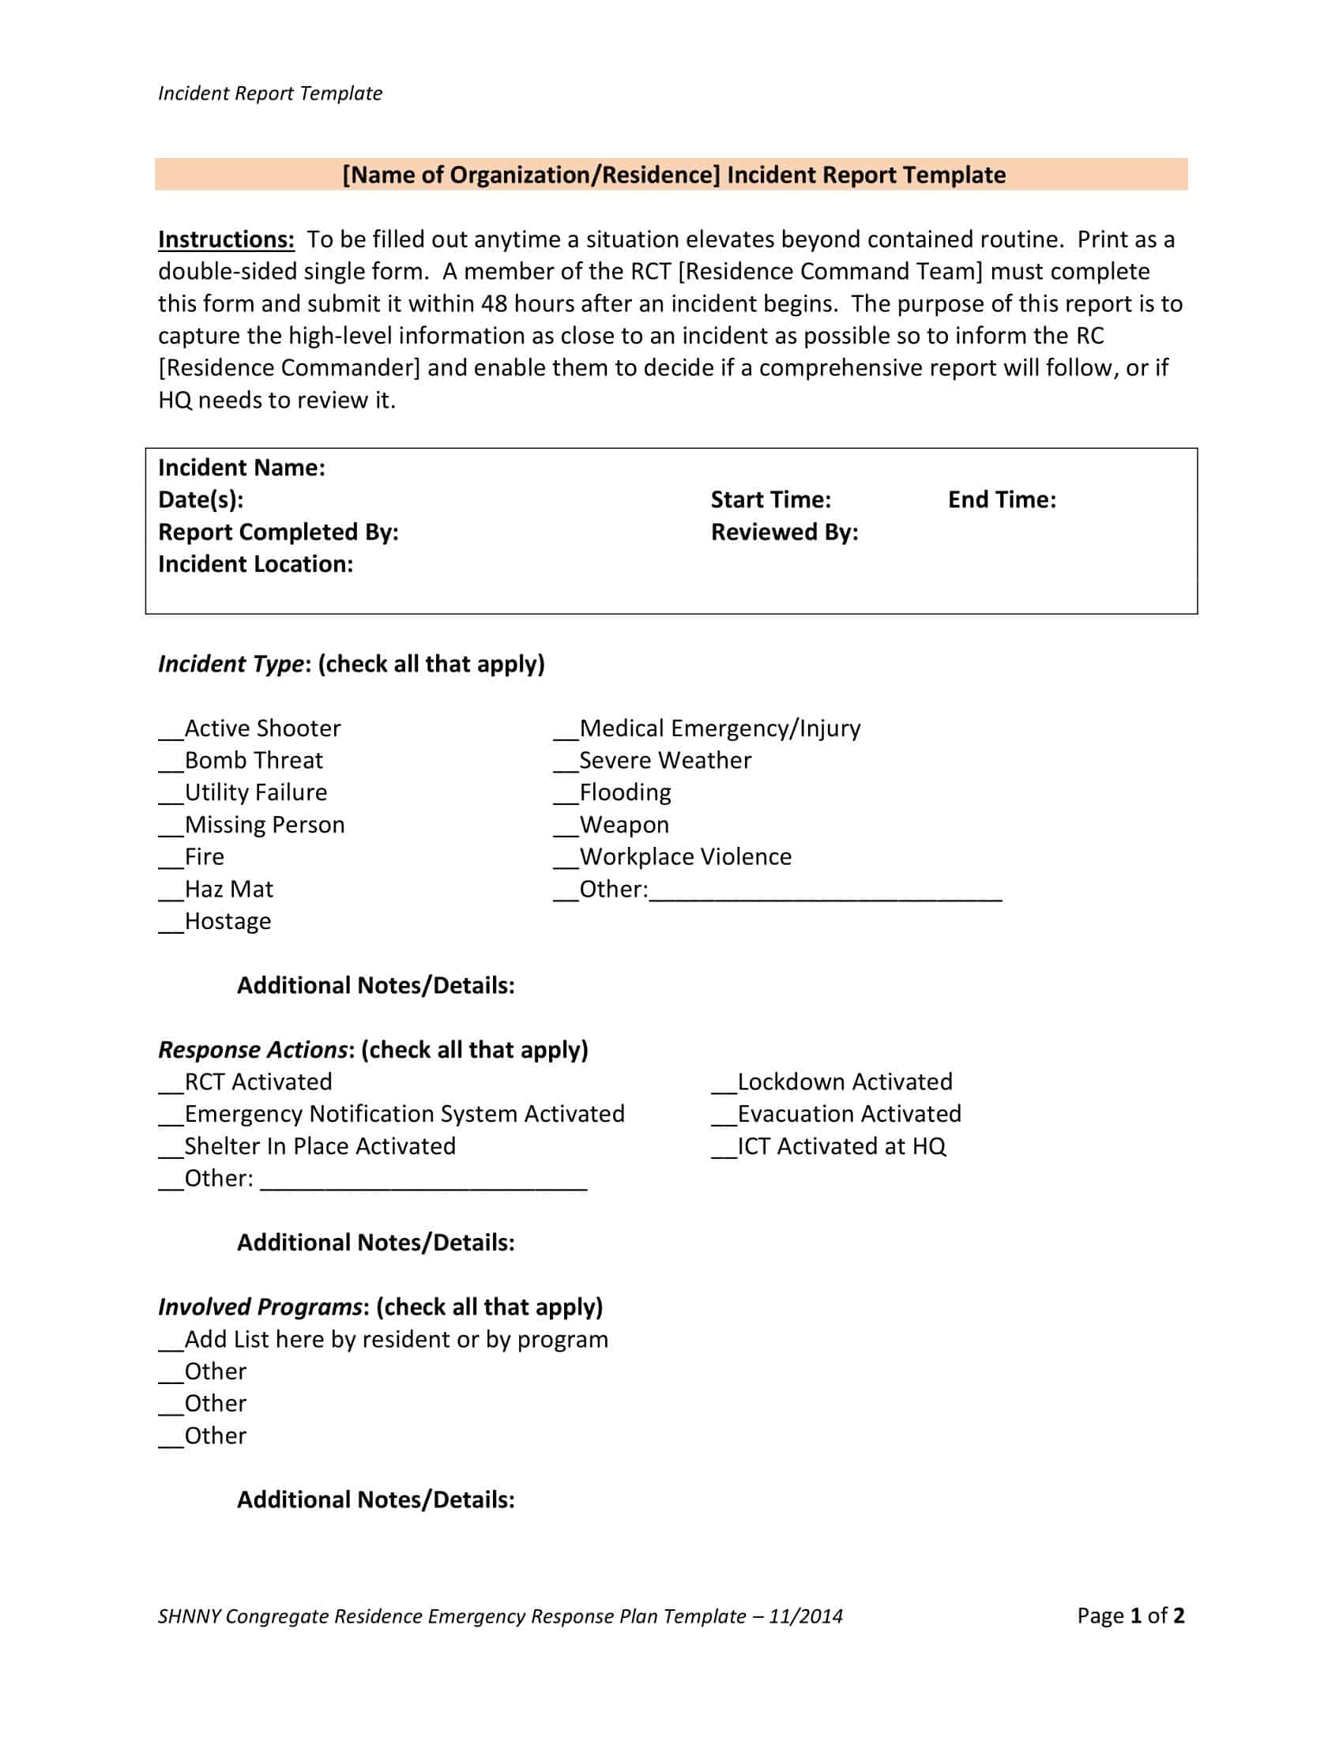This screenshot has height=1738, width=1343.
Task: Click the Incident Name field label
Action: coord(241,468)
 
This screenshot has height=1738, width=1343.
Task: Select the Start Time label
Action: coord(770,500)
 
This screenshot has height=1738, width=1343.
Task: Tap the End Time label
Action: coord(1001,500)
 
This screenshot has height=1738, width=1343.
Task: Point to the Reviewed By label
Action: coord(784,532)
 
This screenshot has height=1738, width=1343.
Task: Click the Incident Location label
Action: coord(255,564)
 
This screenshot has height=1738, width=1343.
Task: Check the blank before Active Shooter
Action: coord(171,735)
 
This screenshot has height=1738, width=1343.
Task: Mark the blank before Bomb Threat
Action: coord(171,767)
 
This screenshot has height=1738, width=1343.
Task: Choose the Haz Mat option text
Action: coord(228,889)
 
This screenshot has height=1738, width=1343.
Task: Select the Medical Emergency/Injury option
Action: coord(719,728)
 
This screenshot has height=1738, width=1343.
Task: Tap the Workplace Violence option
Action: coord(685,857)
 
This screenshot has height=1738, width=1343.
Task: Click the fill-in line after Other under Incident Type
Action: coord(825,896)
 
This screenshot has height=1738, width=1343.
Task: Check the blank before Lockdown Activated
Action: coord(723,1089)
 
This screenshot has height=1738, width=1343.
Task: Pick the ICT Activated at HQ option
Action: coord(841,1147)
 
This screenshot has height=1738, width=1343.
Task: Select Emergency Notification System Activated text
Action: coord(404,1114)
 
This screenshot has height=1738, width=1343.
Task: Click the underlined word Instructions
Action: coord(226,239)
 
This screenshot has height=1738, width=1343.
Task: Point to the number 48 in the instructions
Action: coord(493,304)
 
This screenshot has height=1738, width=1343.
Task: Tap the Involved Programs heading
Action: coord(260,1307)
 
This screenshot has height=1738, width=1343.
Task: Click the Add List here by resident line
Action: coord(396,1340)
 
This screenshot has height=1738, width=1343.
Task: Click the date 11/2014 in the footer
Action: coord(805,1616)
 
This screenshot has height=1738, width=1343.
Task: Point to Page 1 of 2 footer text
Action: coord(1130,1616)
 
